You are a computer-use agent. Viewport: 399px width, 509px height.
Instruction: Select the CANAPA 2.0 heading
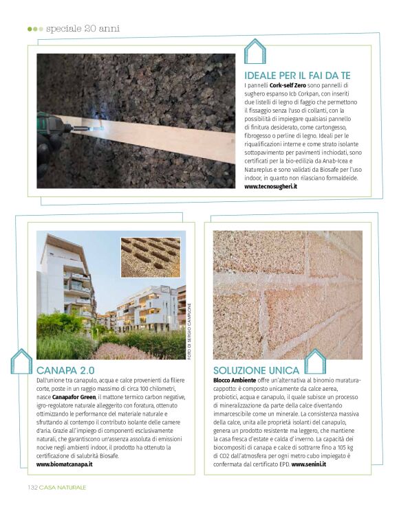click(x=66, y=370)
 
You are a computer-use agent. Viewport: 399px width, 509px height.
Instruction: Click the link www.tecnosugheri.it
click(x=271, y=186)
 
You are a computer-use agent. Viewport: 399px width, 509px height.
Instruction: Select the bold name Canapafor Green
click(x=75, y=396)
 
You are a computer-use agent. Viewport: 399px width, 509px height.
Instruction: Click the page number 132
click(x=31, y=487)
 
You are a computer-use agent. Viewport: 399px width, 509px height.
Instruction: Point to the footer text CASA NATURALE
click(x=62, y=487)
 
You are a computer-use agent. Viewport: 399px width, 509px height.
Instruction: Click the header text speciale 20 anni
click(x=83, y=29)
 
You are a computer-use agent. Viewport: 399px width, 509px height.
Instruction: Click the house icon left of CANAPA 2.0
click(x=21, y=362)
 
